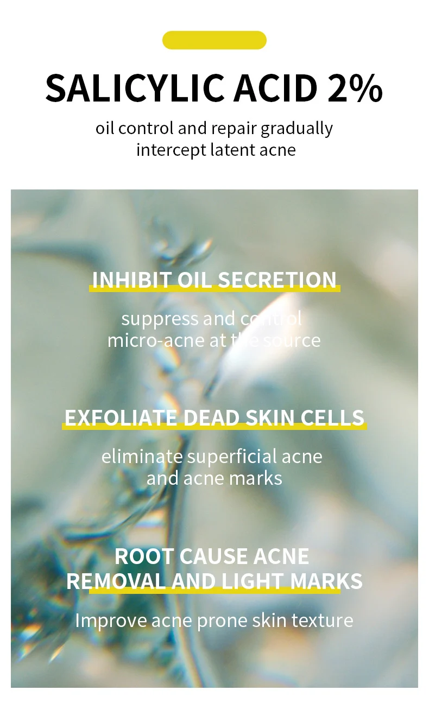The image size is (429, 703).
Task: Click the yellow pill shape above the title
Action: pos(214,40)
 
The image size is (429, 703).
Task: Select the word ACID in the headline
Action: pos(275,88)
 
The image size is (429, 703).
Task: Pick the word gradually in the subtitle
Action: pos(296,129)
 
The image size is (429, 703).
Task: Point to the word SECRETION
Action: pos(277,280)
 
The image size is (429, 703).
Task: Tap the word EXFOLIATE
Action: pos(121,417)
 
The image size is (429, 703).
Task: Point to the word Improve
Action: pos(110,620)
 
